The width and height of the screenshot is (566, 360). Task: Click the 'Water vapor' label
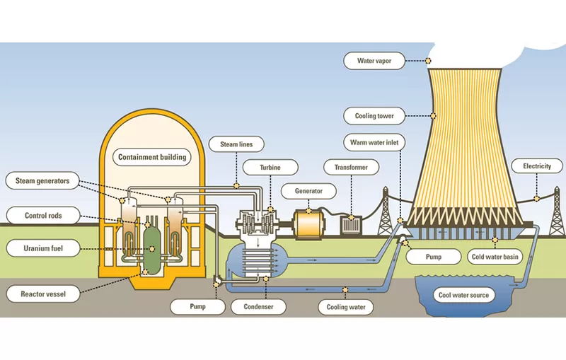click(374, 61)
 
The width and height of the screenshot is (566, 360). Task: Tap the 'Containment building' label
click(152, 157)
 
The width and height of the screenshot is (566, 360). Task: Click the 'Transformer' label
click(350, 167)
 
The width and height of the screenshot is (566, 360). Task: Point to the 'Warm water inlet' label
click(374, 142)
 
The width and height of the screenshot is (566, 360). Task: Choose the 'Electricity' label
click(536, 167)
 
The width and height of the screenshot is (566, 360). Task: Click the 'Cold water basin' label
click(495, 257)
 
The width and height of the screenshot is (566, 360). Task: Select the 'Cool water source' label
click(463, 295)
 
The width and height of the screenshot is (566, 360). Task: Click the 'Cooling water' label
click(346, 307)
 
